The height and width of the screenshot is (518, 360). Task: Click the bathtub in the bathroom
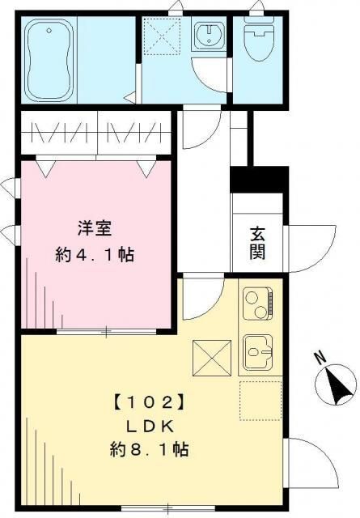[x=49, y=60]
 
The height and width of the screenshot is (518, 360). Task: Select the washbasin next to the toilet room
[x=209, y=34]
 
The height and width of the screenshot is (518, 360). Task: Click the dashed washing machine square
[x=163, y=36]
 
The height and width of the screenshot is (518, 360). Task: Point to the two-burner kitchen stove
[x=258, y=304]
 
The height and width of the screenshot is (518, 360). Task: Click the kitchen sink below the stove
[x=258, y=352]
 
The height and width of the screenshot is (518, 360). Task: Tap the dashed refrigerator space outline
[x=260, y=401]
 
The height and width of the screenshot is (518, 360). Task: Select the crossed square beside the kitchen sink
[x=212, y=358]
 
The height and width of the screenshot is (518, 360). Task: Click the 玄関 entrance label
[x=257, y=244]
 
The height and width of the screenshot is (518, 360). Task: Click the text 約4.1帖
[x=95, y=255]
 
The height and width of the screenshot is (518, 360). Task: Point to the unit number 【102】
[x=148, y=401]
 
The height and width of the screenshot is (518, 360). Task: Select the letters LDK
[x=150, y=427]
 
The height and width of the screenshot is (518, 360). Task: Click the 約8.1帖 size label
[x=150, y=450]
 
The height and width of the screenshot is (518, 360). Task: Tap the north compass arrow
[x=337, y=387]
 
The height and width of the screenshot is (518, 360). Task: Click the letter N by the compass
[x=320, y=358]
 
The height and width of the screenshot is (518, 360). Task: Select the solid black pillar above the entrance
[x=259, y=180]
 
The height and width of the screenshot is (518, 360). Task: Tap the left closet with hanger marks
[x=59, y=133]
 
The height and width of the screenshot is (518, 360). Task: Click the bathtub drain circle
[x=49, y=31]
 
